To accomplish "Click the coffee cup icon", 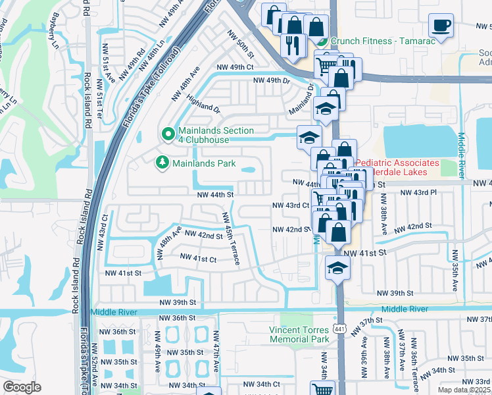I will [441, 26].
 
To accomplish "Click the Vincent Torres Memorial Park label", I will [299, 334].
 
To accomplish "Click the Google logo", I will [22, 387].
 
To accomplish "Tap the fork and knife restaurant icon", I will [290, 45].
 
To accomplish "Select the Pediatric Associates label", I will [397, 167].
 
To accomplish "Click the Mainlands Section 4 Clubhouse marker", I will [168, 134].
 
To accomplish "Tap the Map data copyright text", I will [465, 390].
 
